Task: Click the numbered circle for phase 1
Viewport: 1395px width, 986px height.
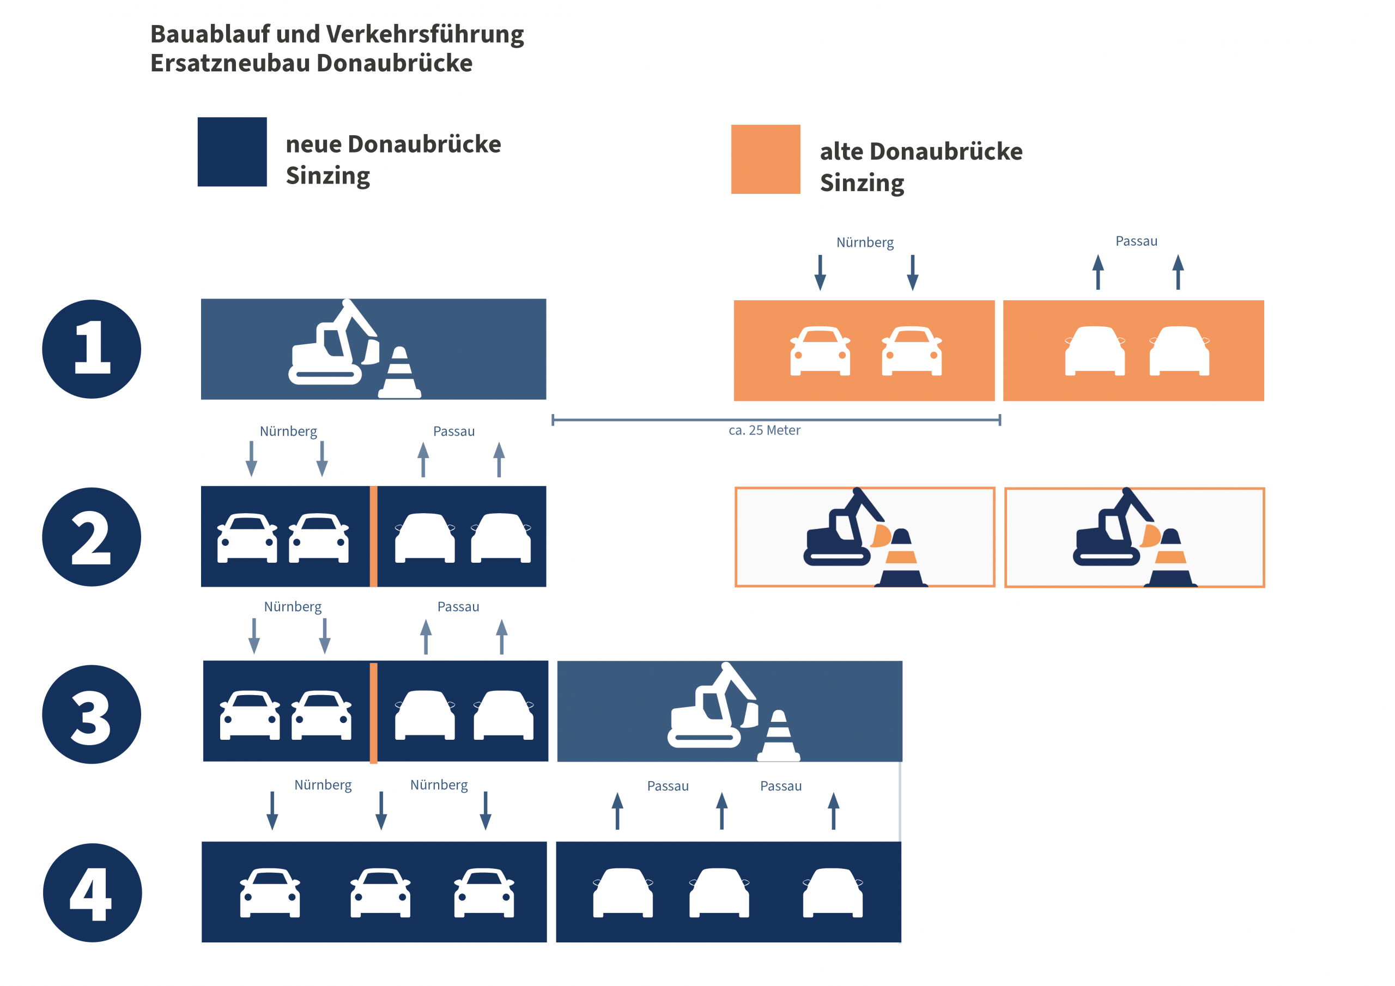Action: point(92,349)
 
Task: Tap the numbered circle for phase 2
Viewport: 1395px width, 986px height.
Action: point(92,537)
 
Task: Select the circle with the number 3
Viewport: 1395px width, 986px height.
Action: point(92,714)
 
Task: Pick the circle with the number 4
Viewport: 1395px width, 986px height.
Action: point(92,893)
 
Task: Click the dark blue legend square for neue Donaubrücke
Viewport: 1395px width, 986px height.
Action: point(232,152)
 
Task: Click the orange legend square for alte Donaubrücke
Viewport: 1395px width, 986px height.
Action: point(766,159)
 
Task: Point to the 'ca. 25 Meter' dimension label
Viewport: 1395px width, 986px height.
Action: point(765,430)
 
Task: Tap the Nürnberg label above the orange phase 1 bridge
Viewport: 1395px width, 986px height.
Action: point(865,242)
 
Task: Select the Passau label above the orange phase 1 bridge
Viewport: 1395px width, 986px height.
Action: point(1136,241)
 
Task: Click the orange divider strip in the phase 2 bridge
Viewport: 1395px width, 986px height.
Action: point(374,537)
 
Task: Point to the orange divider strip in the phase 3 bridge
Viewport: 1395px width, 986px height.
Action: point(374,713)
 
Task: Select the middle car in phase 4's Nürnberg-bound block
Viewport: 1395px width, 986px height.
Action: point(380,892)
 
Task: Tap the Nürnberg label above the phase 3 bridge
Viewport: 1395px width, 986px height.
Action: point(293,607)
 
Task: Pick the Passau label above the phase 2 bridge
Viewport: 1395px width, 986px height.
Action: point(454,431)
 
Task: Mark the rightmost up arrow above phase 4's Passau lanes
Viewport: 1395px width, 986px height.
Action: point(834,811)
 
